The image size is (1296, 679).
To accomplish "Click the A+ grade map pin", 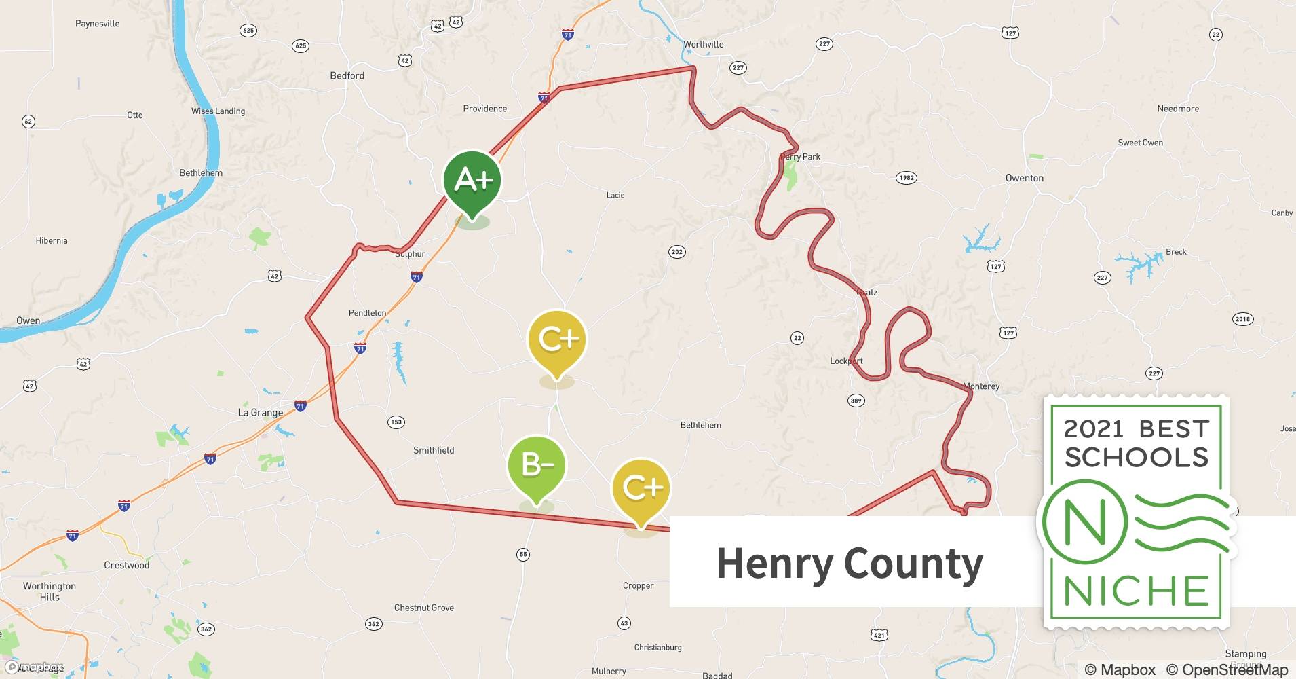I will [x=472, y=181].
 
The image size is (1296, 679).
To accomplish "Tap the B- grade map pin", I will [x=536, y=465].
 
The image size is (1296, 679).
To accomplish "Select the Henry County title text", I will [x=850, y=564].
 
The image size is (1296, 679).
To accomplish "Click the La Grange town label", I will [x=260, y=412].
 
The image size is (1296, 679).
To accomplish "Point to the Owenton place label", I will [x=1024, y=178].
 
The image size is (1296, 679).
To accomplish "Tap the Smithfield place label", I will [x=434, y=450].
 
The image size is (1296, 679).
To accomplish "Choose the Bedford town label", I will [x=347, y=75].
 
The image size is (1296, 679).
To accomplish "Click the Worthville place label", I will [x=703, y=44].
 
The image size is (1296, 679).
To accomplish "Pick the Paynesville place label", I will [x=97, y=24].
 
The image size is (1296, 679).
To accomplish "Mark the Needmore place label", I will [x=1177, y=109].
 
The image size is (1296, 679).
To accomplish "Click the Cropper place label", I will [x=638, y=585].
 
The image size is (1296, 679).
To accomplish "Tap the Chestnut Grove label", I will [x=423, y=608].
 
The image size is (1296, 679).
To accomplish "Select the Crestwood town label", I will [x=126, y=565].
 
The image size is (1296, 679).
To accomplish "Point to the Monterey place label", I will [x=981, y=386].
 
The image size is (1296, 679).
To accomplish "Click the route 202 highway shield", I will [x=676, y=252].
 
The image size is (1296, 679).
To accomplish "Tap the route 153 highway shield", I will [x=396, y=422].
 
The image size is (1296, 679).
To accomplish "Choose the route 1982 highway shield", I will [x=906, y=178].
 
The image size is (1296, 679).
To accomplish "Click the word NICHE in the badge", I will [x=1135, y=591].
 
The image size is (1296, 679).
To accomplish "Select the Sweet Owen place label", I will [x=1140, y=143].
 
